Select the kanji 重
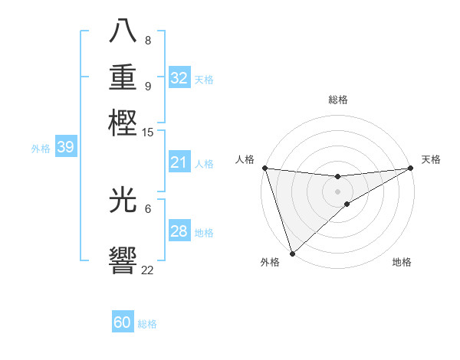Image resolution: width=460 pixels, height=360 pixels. click(x=123, y=78)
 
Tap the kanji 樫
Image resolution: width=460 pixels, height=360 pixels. click(x=123, y=123)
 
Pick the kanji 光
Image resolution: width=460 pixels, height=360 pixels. click(x=123, y=201)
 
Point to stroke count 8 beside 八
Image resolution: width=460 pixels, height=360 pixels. click(x=147, y=41)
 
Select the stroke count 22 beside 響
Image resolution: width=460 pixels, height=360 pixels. click(x=147, y=270)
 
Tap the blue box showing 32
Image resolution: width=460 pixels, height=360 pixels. click(x=179, y=78)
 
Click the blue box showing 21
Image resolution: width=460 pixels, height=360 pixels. click(x=179, y=163)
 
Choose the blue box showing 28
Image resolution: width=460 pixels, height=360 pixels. click(x=179, y=232)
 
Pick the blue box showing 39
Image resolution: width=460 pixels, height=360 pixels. click(x=65, y=148)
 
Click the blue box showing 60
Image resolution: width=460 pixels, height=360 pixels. click(x=123, y=322)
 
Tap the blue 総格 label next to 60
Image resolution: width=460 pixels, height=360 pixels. click(x=147, y=324)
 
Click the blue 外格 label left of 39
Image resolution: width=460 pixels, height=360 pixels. click(x=41, y=149)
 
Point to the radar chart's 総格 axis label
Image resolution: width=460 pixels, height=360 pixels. click(x=337, y=100)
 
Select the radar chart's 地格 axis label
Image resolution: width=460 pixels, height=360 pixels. click(x=402, y=263)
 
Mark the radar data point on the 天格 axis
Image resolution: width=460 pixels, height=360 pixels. click(x=410, y=168)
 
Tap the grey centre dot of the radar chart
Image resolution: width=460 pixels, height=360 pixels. click(x=337, y=191)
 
